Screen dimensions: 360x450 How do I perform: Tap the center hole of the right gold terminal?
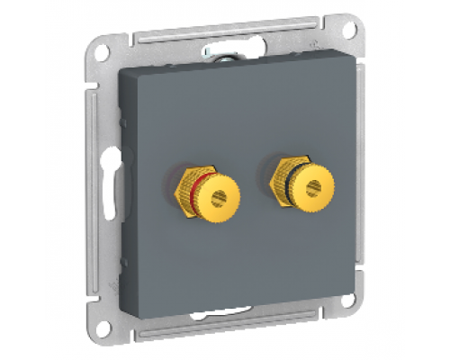314,188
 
